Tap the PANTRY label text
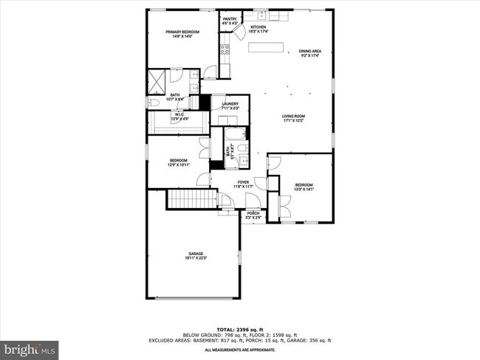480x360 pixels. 230,20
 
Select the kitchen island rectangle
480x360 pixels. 266,48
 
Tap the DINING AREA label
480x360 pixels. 309,51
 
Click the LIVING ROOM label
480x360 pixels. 293,116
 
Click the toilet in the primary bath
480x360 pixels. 151,103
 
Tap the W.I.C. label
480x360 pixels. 180,114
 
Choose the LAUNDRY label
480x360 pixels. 230,104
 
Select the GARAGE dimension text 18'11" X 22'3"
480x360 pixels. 196,257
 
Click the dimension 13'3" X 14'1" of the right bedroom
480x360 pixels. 304,189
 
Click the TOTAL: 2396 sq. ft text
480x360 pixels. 240,328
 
